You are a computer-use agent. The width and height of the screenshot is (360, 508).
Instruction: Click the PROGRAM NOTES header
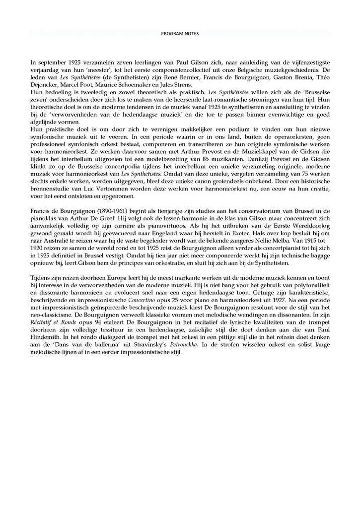point(180,34)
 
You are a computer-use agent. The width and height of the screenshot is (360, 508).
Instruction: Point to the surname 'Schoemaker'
point(116,86)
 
